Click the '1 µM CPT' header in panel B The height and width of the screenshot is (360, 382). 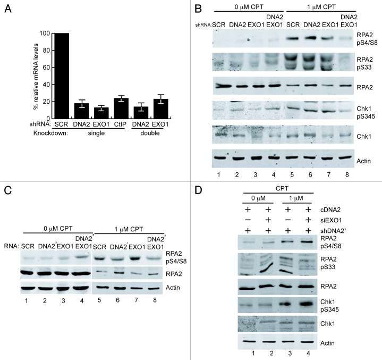[x=312, y=11]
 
